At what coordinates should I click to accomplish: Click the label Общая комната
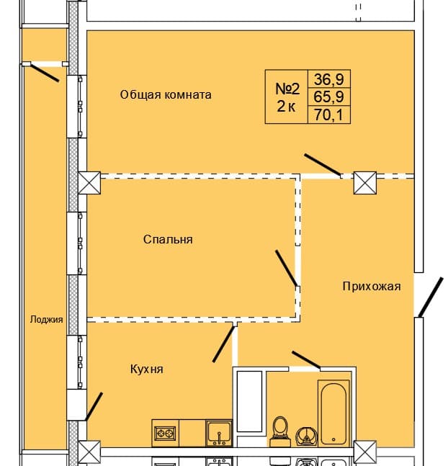[x=166, y=94]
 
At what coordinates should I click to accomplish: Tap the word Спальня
[x=167, y=239]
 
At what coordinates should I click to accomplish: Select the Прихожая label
[x=371, y=286]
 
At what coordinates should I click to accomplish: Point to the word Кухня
[x=147, y=369]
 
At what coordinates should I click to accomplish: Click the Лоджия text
[x=47, y=320]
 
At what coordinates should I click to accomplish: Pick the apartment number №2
[x=288, y=89]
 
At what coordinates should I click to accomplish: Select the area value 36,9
[x=329, y=78]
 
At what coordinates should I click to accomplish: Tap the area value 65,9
[x=329, y=96]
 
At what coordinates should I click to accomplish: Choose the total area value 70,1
[x=329, y=114]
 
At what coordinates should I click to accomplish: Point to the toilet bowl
[x=281, y=429]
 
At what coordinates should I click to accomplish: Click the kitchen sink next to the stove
[x=218, y=433]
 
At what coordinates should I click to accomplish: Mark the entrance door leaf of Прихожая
[x=431, y=297]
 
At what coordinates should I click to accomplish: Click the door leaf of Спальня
[x=287, y=269]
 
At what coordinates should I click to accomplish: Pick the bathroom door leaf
[x=305, y=359]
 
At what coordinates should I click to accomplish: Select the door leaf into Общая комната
[x=322, y=165]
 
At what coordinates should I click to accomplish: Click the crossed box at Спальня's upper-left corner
[x=91, y=182]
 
